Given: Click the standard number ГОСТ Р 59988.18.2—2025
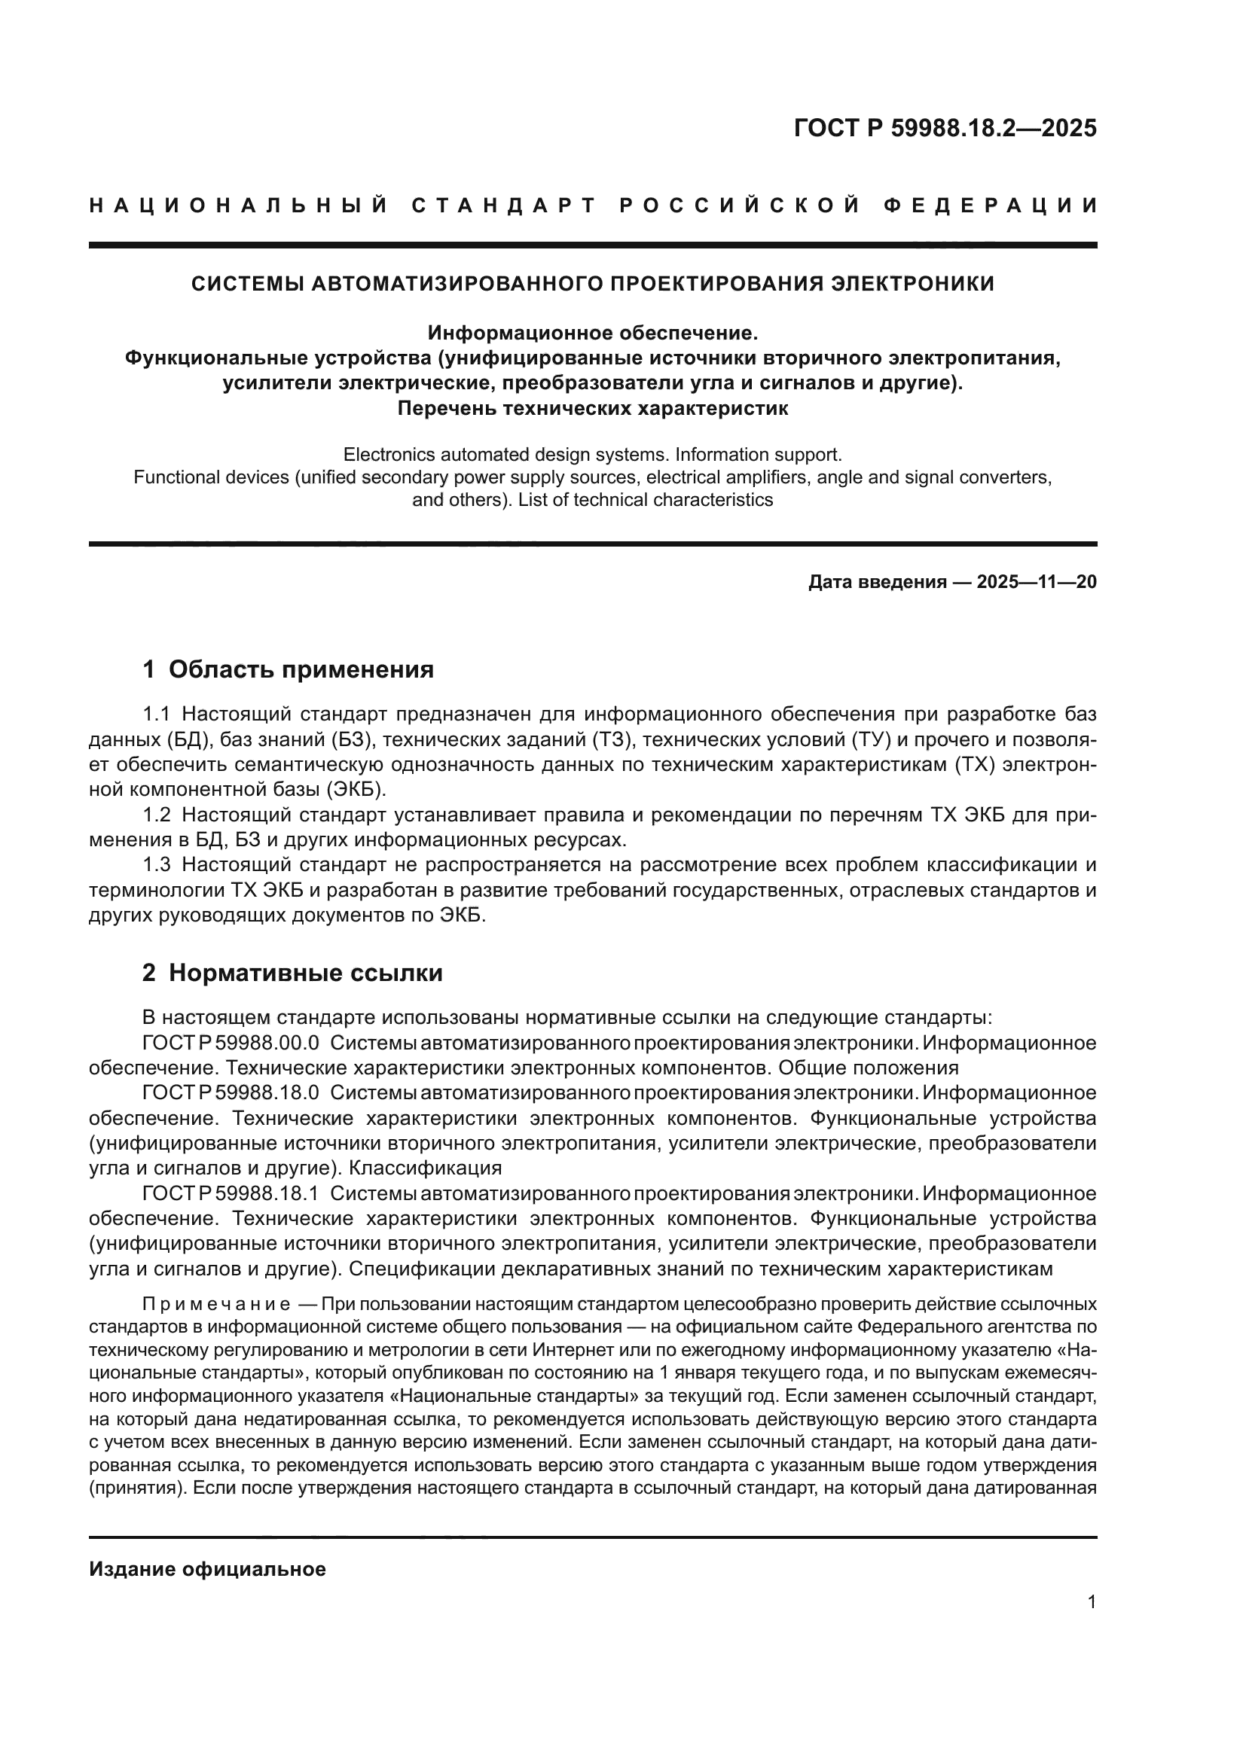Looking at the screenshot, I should (x=945, y=128).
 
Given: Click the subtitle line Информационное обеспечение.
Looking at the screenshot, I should (x=592, y=333).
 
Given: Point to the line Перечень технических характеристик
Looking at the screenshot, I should (x=592, y=408).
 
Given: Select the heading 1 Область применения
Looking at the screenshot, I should (x=288, y=669).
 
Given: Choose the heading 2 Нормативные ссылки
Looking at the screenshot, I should (x=292, y=973).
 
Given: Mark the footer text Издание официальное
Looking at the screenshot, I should (x=207, y=1569).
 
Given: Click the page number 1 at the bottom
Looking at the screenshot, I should (x=1092, y=1601).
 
